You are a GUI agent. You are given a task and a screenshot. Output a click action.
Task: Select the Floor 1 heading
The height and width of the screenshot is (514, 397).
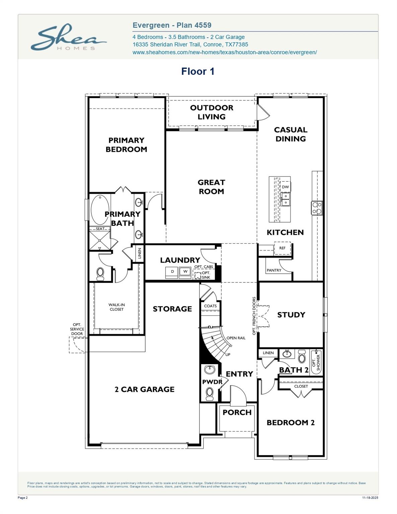[x=197, y=71]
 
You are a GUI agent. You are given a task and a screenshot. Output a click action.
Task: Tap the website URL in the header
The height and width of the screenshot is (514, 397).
[x=224, y=52]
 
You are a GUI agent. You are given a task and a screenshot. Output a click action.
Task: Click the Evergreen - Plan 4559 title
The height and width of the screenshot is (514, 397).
[x=172, y=25]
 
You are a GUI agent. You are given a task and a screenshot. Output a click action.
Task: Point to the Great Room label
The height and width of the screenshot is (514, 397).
[x=211, y=187]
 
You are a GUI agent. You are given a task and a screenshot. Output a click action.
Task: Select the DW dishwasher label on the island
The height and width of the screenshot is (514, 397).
[x=285, y=187]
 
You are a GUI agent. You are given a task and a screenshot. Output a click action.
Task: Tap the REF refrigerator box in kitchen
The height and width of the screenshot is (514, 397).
[x=283, y=248]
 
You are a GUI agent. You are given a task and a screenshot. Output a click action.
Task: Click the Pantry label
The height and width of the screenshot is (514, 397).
[x=274, y=270]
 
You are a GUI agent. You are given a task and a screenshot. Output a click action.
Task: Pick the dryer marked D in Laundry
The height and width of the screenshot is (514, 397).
[x=172, y=272]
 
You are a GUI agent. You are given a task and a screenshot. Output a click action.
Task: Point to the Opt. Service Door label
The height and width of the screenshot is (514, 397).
[x=77, y=329]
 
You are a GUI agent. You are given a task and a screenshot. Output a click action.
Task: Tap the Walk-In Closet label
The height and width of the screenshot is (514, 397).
[x=116, y=307]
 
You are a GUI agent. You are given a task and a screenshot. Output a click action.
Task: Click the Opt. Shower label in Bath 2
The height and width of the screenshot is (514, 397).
[x=316, y=362]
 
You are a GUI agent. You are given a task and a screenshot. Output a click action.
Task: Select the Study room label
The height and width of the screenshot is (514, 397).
[x=291, y=315]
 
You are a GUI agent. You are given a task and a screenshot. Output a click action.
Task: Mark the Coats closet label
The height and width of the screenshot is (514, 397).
[x=210, y=306]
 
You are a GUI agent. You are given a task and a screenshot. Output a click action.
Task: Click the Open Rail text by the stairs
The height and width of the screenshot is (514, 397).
[x=236, y=338]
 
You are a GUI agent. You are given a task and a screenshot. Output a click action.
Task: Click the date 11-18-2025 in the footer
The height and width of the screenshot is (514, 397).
[x=370, y=498]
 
